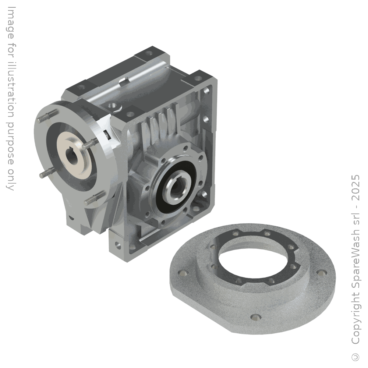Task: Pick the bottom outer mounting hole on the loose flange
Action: click(x=254, y=316)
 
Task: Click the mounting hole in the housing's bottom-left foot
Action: click(x=117, y=244)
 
